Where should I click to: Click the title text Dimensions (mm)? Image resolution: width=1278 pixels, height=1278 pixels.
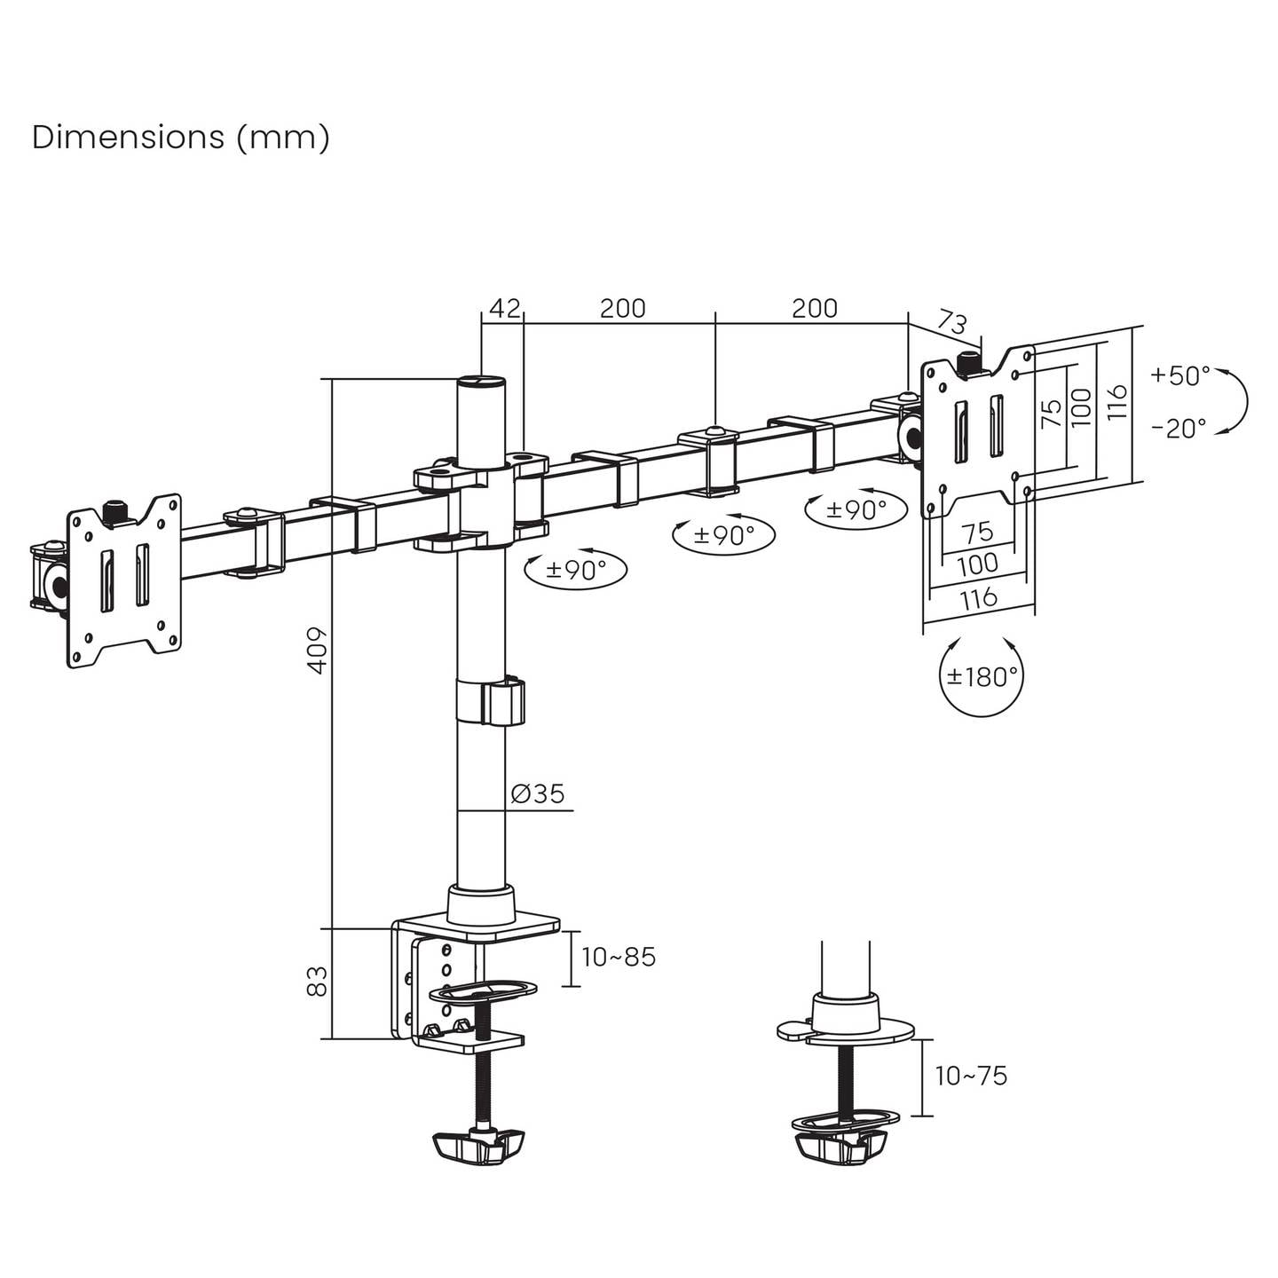[180, 138]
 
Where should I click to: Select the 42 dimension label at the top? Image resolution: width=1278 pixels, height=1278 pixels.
[505, 308]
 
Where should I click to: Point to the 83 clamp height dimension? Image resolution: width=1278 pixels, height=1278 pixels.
[319, 981]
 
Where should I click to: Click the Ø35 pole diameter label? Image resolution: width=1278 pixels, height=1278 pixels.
[538, 793]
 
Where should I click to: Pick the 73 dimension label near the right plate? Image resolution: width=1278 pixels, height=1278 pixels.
[952, 323]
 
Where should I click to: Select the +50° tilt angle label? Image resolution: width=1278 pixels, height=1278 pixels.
[1180, 375]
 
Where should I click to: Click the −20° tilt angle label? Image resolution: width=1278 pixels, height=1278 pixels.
[1179, 429]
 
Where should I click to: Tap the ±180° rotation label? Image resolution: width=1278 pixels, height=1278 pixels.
[982, 677]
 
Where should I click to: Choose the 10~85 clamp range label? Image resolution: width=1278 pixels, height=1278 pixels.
[619, 957]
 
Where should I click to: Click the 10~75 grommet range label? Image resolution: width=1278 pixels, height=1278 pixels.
[971, 1076]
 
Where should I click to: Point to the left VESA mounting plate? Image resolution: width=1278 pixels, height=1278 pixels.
[124, 580]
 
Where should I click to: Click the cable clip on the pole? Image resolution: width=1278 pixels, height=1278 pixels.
[490, 701]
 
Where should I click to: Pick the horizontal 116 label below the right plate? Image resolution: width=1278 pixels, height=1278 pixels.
[979, 597]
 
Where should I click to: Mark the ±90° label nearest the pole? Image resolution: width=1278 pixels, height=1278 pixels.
[576, 569]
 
